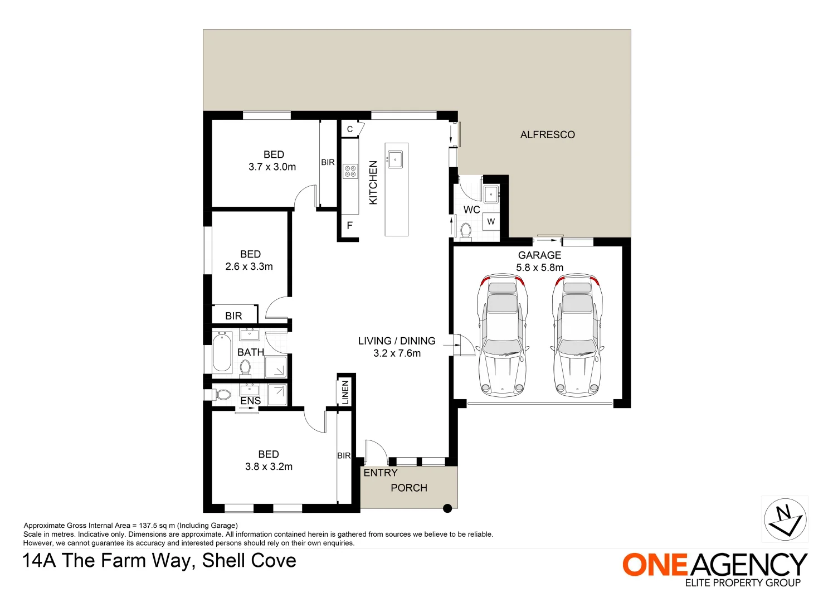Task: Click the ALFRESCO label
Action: pos(547,134)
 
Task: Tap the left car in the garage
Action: pos(502,335)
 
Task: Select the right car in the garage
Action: pos(578,335)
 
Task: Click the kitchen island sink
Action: pos(395,159)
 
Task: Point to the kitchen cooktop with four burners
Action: pos(350,171)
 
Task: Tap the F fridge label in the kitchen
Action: pos(350,226)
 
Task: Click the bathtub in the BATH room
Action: pos(222,352)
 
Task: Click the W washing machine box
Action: pos(491,221)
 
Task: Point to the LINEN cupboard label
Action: pos(345,392)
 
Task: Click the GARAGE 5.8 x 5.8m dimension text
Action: pos(539,268)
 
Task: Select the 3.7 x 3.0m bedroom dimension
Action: pos(272,167)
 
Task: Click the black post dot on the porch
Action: pos(447,508)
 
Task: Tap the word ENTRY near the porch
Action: pos(381,473)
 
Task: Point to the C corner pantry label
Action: pos(350,129)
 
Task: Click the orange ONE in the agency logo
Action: pos(655,565)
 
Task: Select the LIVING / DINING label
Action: pos(397,341)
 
